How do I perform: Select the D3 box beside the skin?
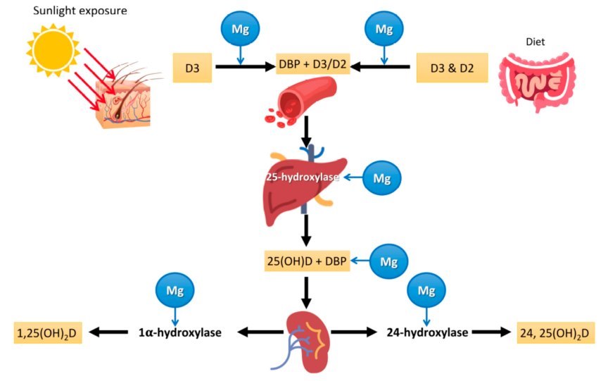click(x=192, y=68)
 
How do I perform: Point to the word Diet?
click(x=535, y=40)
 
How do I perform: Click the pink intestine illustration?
click(x=537, y=82)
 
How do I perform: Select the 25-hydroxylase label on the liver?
click(x=303, y=178)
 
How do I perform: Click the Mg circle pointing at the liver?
click(x=382, y=179)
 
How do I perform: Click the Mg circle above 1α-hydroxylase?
click(x=175, y=289)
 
